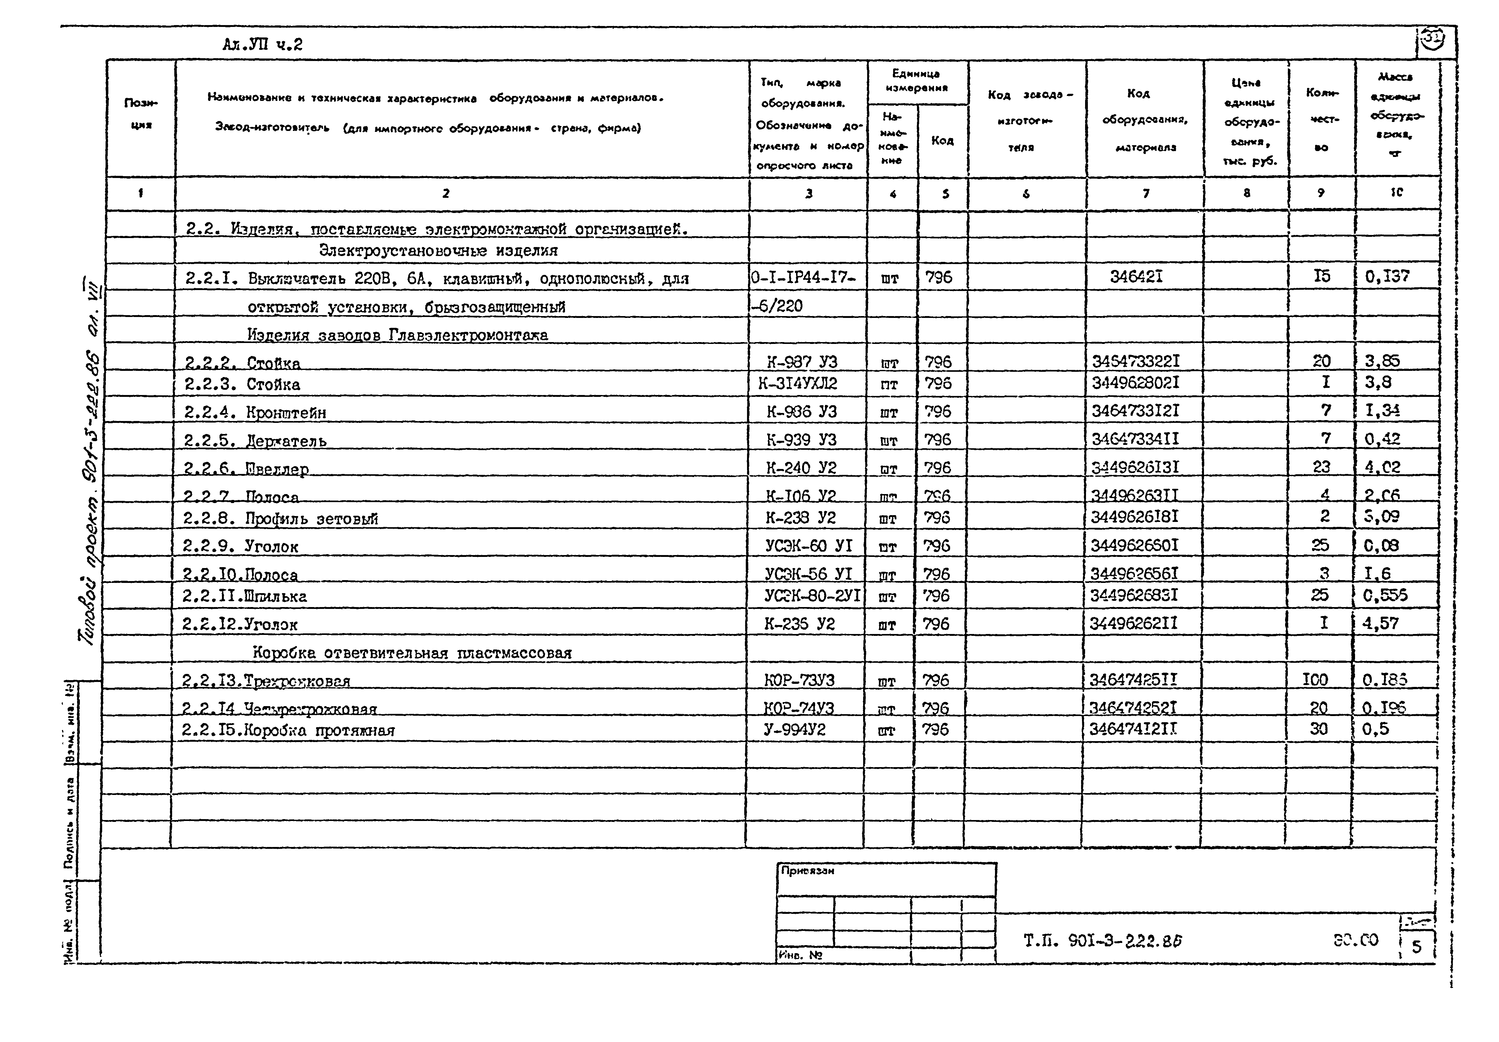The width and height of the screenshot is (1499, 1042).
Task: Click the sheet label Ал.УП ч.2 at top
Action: (x=263, y=44)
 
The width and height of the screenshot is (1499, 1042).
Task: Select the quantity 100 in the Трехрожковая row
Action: (x=1315, y=679)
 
